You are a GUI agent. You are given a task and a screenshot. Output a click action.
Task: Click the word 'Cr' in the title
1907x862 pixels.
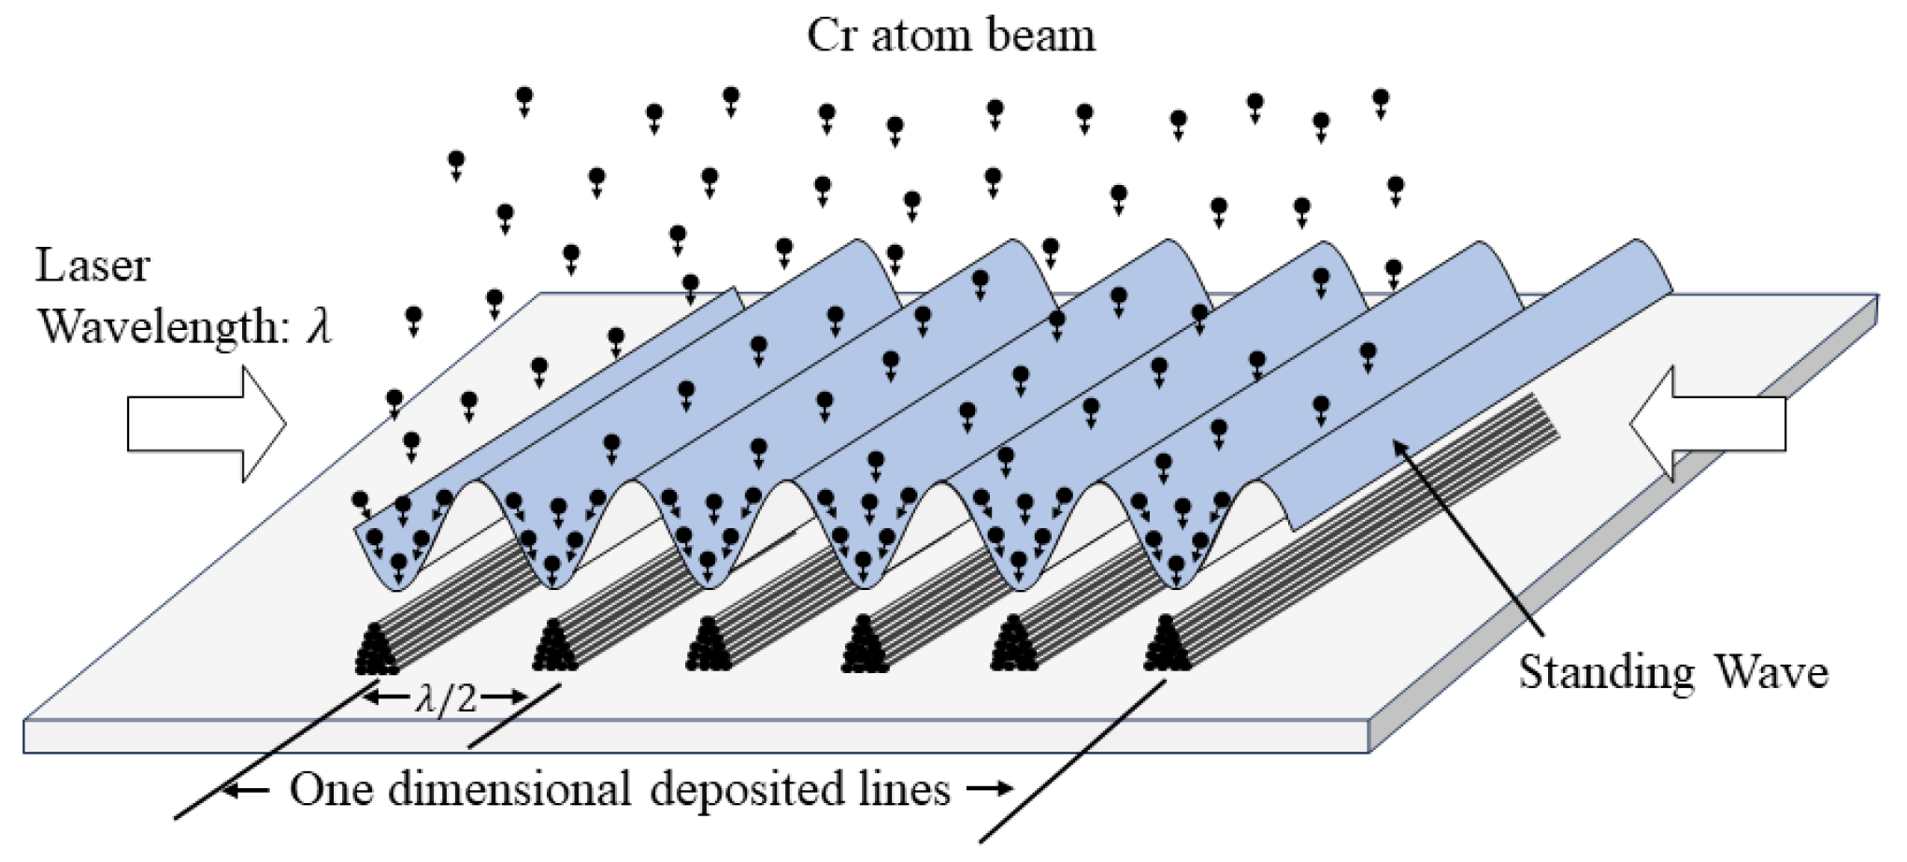pyautogui.click(x=831, y=36)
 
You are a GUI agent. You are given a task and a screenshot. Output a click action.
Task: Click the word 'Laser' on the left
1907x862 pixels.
pyautogui.click(x=93, y=266)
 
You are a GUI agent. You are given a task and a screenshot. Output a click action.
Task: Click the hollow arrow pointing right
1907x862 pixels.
pyautogui.click(x=207, y=424)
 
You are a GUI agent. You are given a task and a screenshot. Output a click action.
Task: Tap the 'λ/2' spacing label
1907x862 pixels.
pyautogui.click(x=446, y=697)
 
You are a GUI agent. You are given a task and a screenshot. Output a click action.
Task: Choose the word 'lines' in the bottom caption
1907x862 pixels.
pyautogui.click(x=903, y=790)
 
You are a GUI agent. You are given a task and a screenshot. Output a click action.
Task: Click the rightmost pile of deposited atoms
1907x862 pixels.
pyautogui.click(x=1167, y=645)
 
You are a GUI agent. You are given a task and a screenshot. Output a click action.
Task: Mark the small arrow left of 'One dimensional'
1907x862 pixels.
pyautogui.click(x=245, y=791)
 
